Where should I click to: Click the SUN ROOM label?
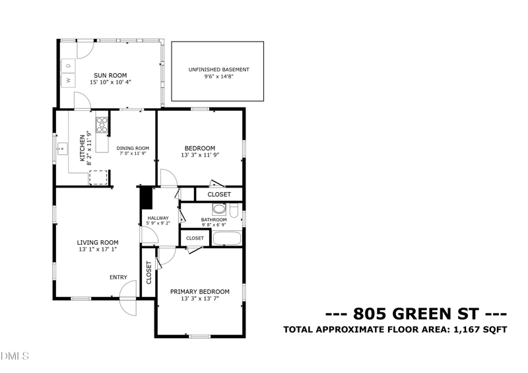(x=110, y=75)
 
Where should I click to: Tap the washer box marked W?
(x=68, y=81)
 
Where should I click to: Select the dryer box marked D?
(x=68, y=65)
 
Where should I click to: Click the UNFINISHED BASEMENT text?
(x=218, y=69)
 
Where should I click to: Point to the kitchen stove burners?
(x=102, y=125)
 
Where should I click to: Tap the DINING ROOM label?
(x=133, y=148)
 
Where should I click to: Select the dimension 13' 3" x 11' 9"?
(x=199, y=155)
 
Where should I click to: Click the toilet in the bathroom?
(x=234, y=211)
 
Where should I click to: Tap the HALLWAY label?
(x=158, y=218)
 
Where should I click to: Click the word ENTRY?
(x=118, y=277)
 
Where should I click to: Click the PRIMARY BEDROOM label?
(x=199, y=291)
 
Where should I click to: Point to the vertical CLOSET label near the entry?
(x=148, y=273)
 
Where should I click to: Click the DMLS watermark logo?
(x=15, y=357)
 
